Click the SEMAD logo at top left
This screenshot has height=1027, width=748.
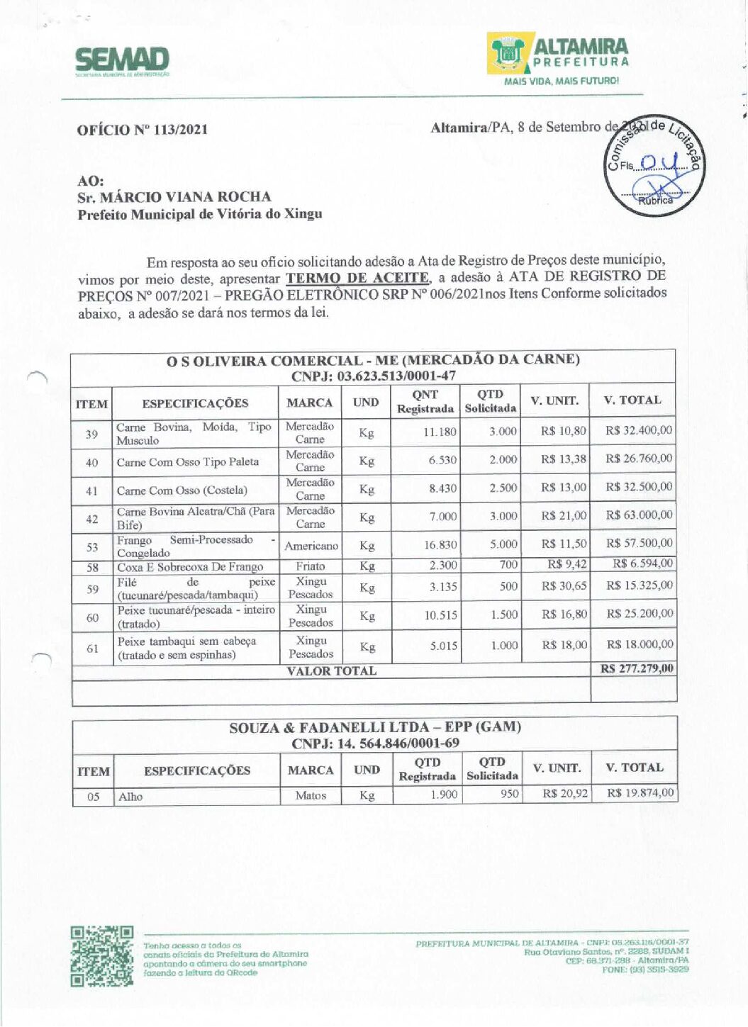pos(122,61)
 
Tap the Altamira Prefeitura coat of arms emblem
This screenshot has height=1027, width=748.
pos(508,54)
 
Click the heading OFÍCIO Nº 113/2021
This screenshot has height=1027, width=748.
pos(143,130)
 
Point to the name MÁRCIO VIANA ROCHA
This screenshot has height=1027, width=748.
pos(185,197)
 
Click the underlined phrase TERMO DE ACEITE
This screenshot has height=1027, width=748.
pos(357,278)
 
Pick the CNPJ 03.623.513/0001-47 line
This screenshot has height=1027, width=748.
pos(373,376)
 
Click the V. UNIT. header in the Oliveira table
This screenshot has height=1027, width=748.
pos(554,401)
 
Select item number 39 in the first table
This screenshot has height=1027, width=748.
pos(91,434)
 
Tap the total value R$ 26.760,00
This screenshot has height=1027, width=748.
pos(639,459)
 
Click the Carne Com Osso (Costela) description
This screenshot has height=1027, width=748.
pos(182,490)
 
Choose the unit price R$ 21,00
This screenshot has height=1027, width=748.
pos(564,515)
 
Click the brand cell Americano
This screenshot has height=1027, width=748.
pos(311,546)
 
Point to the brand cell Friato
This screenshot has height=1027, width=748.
pos(311,566)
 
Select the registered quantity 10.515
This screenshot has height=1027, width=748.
pos(440,615)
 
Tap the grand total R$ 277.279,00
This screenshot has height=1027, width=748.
pos(637,668)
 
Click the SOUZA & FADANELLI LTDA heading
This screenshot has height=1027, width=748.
pos(374,727)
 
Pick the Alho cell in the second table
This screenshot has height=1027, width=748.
pos(130,797)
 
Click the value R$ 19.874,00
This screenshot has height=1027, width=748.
pos(640,793)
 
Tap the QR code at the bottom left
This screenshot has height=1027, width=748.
pos(102,955)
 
